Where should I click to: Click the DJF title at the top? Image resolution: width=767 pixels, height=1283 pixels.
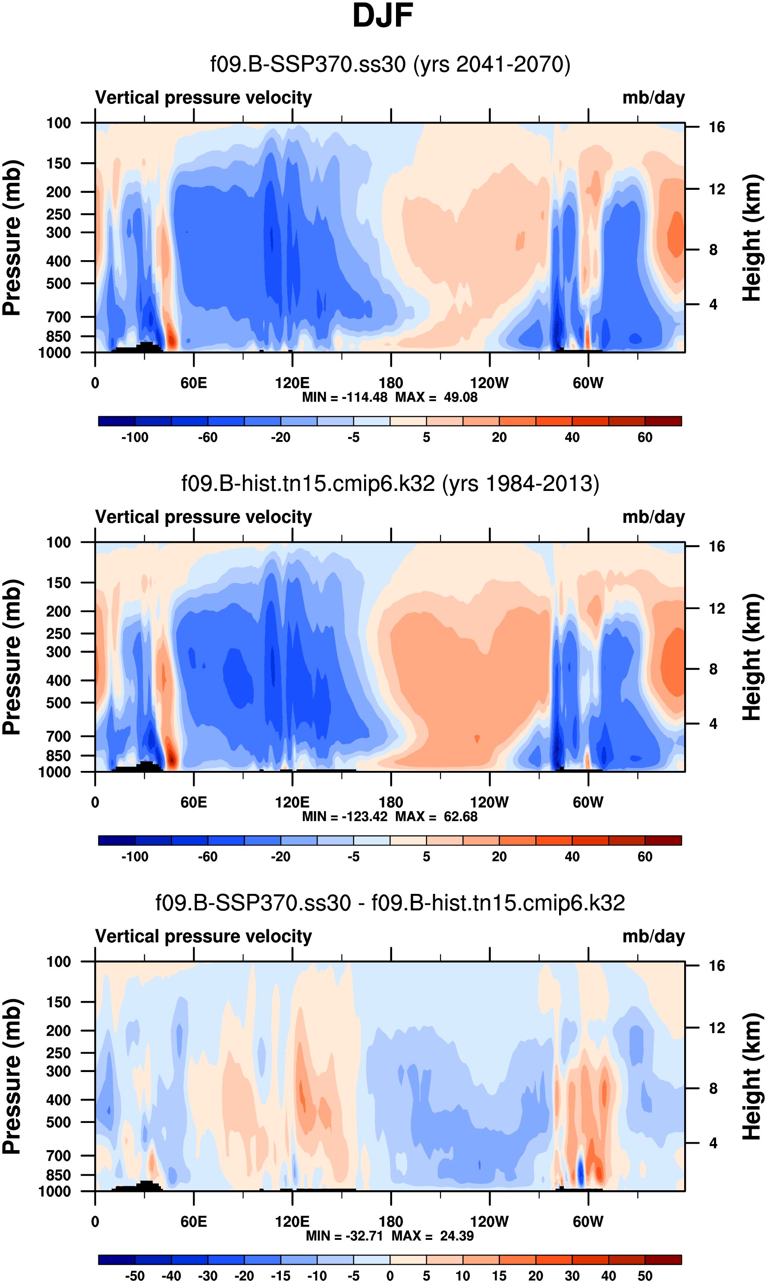(x=383, y=16)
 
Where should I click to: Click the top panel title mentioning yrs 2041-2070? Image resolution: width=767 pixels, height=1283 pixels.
(x=390, y=65)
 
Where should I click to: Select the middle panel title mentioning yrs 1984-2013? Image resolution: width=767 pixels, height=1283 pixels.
(x=390, y=484)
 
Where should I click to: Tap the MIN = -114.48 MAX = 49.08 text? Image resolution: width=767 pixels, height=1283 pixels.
(x=390, y=397)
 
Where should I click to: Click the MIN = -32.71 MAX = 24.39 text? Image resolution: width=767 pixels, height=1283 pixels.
(x=390, y=1236)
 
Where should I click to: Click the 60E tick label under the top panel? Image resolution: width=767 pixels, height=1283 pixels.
(x=194, y=383)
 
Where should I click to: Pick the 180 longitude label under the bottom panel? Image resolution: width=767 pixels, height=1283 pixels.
(x=391, y=1221)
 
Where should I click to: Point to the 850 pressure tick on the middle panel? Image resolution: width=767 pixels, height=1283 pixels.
(x=58, y=756)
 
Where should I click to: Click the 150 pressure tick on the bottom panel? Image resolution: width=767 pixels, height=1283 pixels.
(x=58, y=1002)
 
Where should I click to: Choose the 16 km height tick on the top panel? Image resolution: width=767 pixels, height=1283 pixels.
(x=717, y=127)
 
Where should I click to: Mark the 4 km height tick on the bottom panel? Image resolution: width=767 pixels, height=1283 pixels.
(x=713, y=1143)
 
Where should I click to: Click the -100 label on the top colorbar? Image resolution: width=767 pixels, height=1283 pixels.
(x=135, y=437)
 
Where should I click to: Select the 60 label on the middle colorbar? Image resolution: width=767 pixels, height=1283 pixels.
(x=644, y=857)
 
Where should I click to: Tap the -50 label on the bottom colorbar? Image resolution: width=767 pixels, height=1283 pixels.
(x=135, y=1276)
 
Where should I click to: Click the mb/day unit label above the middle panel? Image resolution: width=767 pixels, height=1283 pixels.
(x=653, y=517)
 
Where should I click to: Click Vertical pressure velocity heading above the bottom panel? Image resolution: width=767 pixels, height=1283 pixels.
(x=204, y=936)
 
